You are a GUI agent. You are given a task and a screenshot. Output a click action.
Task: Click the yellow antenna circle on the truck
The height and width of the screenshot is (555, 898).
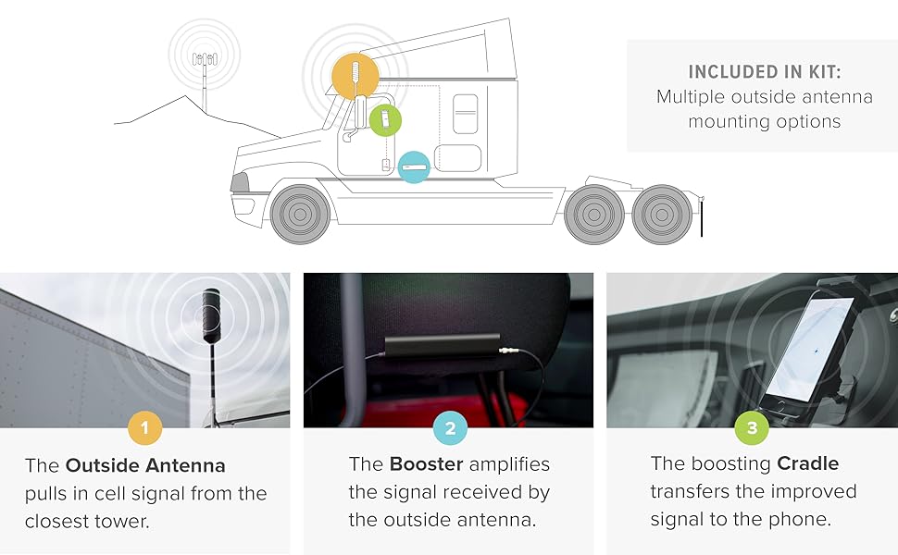tap(355, 75)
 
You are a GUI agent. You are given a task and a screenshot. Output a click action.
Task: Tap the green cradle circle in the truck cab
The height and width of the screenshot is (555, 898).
tap(385, 119)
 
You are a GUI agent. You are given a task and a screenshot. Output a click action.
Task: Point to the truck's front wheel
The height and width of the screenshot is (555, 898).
tap(299, 214)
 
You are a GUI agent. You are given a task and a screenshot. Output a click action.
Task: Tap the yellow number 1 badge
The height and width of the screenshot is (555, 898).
tap(144, 428)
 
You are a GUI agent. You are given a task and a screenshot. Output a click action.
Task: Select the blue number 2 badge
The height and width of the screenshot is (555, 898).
tap(450, 428)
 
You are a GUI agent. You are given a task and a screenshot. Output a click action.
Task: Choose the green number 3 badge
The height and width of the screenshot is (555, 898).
tap(752, 428)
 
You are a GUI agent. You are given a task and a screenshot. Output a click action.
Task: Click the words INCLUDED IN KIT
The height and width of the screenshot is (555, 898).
tap(764, 72)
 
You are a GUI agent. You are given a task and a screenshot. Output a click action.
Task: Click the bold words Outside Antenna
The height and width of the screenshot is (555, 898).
tap(145, 464)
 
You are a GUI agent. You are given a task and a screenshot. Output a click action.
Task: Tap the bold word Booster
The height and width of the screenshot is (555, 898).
tap(425, 463)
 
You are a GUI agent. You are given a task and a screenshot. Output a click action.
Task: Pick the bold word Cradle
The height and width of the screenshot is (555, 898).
tap(807, 463)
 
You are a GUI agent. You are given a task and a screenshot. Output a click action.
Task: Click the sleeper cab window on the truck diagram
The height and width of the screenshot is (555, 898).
tap(465, 114)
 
